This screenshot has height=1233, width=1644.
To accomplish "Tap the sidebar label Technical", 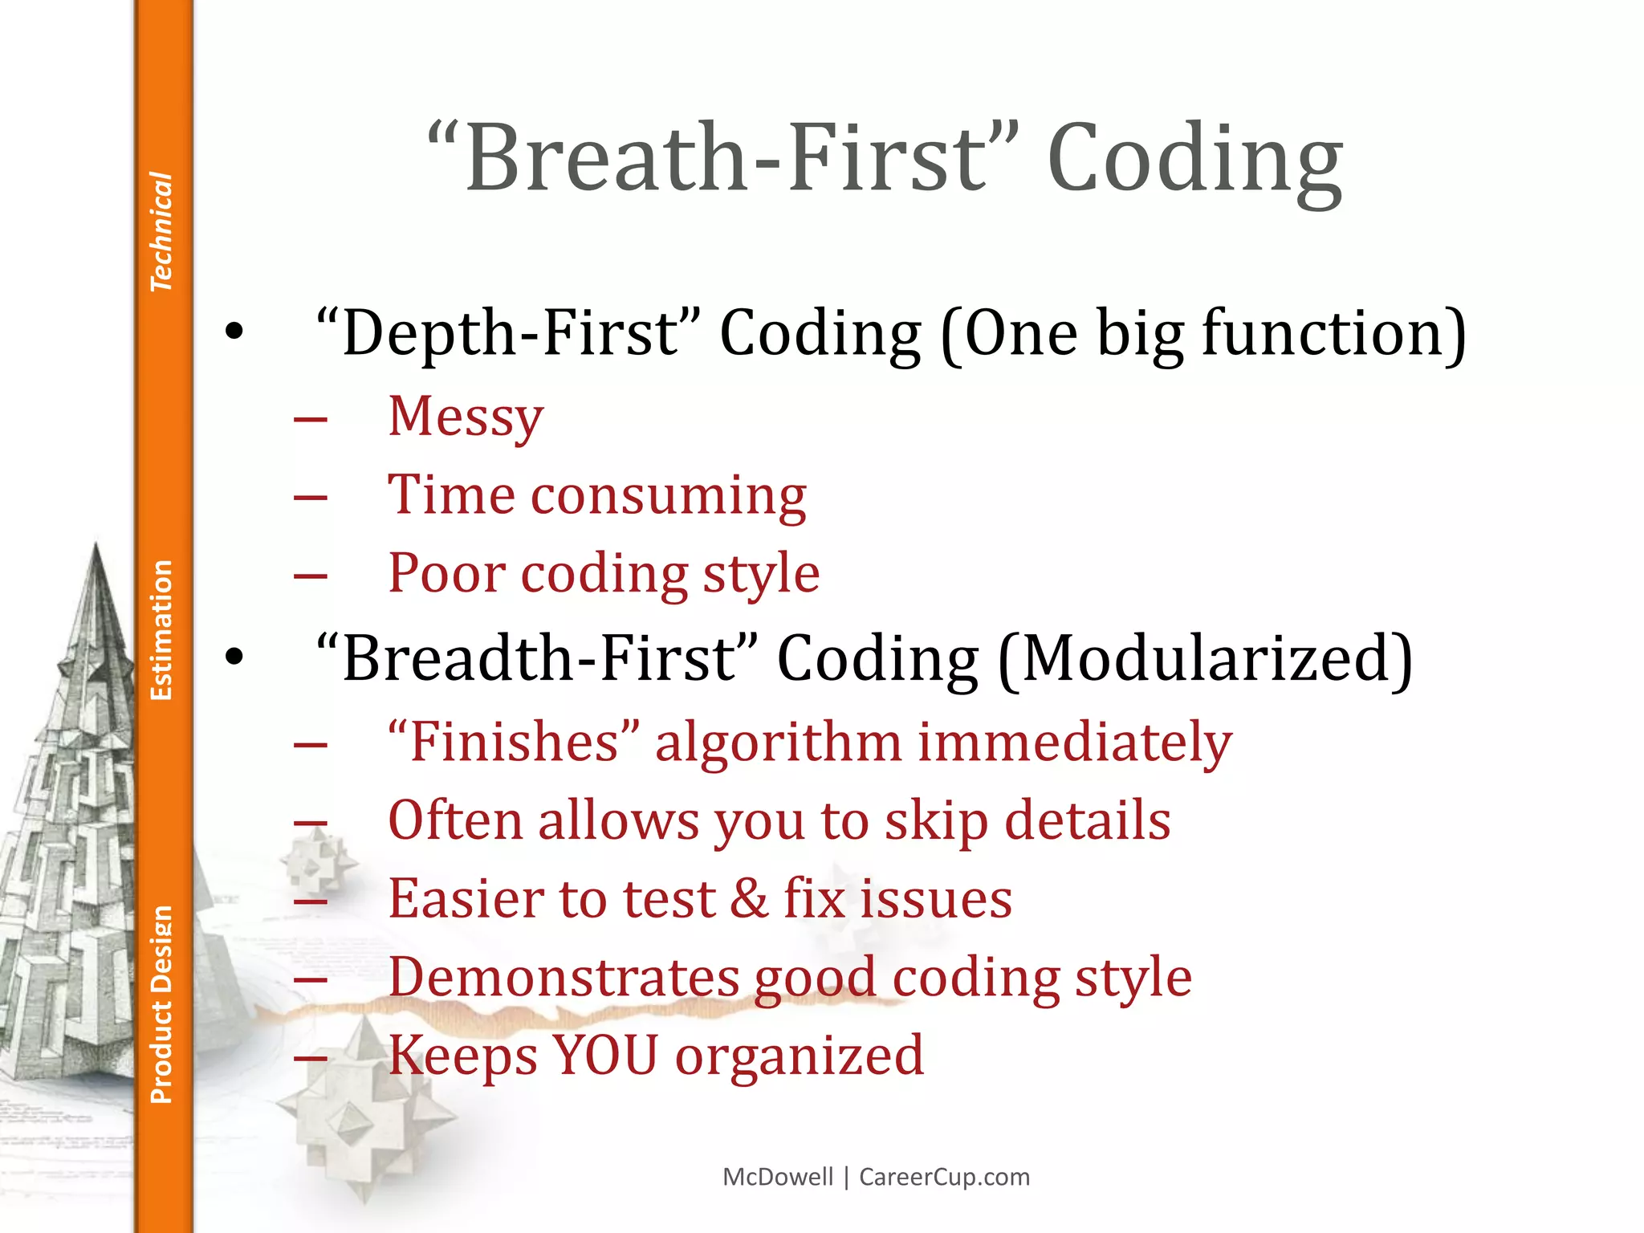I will coord(161,231).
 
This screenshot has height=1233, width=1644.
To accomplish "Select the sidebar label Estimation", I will coord(161,630).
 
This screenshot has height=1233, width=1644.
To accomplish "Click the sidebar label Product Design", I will coord(161,1004).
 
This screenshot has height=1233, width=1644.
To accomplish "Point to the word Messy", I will coord(466,417).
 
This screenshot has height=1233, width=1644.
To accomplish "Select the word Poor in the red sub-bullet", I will coord(447,573).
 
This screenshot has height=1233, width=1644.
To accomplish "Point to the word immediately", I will coord(1075,742).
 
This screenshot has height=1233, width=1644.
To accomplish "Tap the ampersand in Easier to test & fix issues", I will coord(749,898).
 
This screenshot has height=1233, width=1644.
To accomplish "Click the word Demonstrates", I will coord(563,977).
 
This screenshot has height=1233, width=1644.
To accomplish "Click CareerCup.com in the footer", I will coord(944,1177).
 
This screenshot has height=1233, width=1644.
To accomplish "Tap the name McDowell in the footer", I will coord(778,1177).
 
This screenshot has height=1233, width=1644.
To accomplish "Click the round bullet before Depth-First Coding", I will coord(234,331).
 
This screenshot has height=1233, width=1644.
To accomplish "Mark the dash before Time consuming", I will coord(311,497).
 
